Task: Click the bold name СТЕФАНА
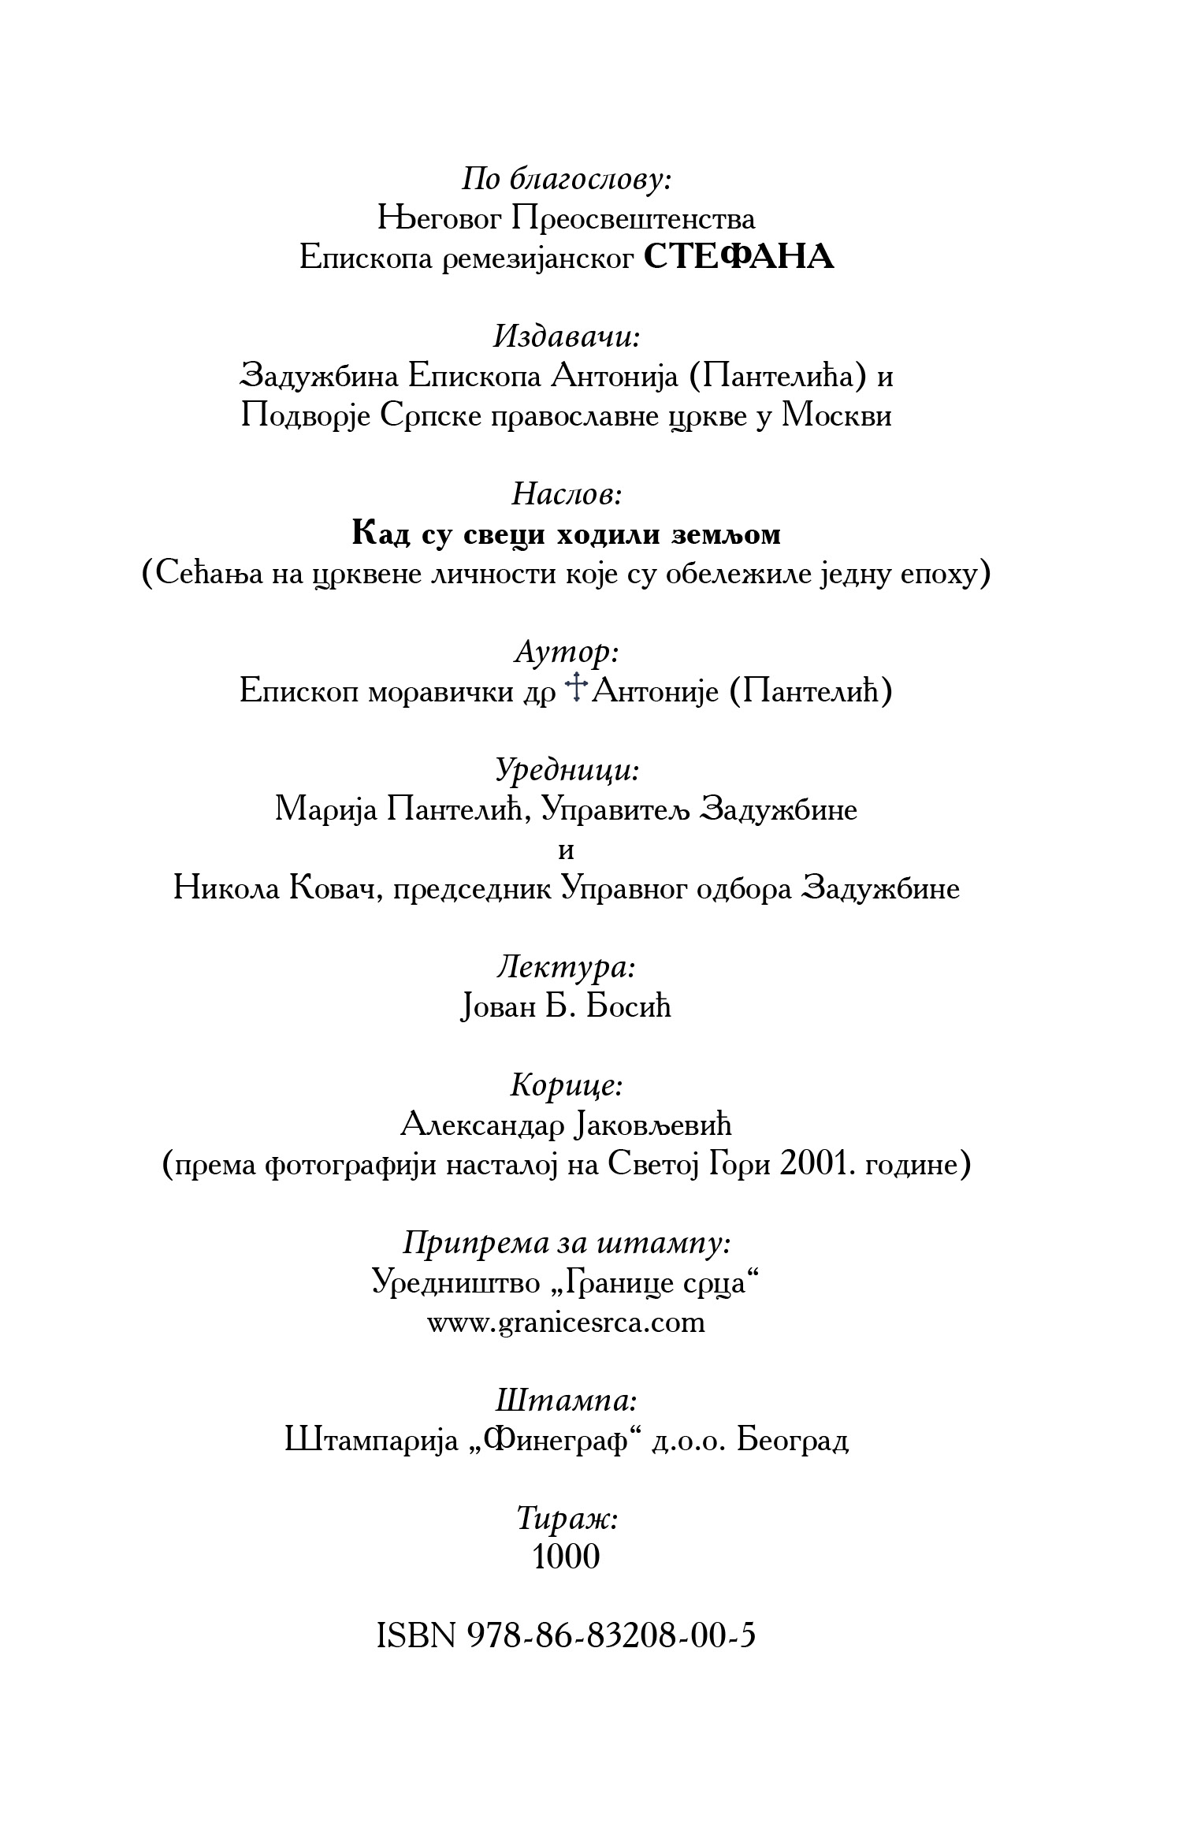738,258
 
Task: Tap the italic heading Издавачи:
567,337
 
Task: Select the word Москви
836,415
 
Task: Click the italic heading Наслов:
567,495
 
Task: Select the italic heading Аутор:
567,653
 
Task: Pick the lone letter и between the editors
566,851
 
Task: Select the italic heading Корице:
567,1086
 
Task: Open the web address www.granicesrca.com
566,1322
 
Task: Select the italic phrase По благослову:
567,180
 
